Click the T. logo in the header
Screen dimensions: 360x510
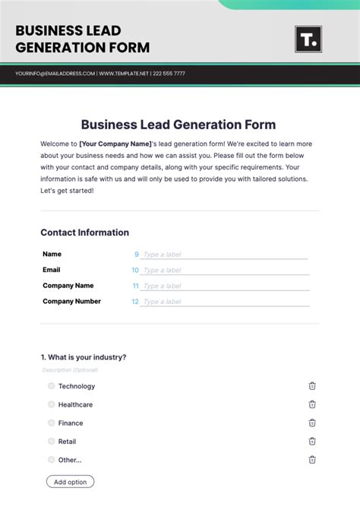[308, 39]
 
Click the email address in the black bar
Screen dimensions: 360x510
[55, 74]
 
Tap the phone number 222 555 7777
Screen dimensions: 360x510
[168, 74]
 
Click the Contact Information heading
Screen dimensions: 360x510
[84, 233]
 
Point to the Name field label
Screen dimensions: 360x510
[52, 254]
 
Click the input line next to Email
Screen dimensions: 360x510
[225, 271]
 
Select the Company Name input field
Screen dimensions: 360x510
[225, 287]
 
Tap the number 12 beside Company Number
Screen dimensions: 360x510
[135, 302]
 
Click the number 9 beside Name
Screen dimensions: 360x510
[137, 255]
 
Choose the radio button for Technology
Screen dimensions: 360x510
[52, 386]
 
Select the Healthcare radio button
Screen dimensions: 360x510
[52, 404]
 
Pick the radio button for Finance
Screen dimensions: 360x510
[52, 423]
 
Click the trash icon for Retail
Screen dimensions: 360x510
[312, 441]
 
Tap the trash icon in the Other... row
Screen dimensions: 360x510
[312, 459]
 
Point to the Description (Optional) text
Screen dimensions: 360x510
[70, 370]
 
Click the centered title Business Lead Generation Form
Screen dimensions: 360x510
[178, 125]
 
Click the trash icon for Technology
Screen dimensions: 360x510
[312, 386]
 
